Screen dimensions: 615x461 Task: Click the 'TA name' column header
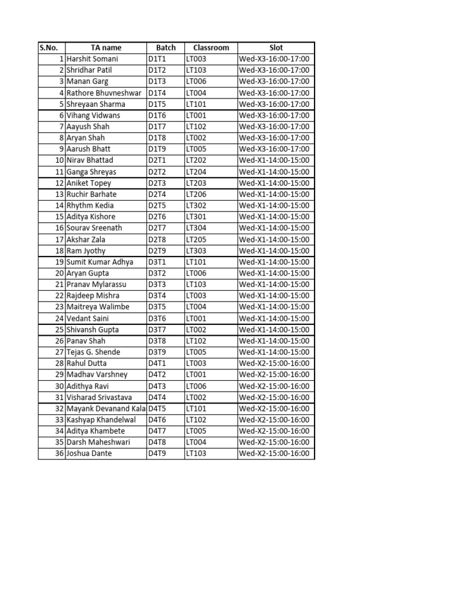pos(106,47)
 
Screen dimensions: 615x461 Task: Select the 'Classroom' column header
pos(211,47)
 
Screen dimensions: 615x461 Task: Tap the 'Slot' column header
pos(276,47)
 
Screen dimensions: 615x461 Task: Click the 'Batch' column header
pos(166,47)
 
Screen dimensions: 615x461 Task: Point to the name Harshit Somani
pos(92,59)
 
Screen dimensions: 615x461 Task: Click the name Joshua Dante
pos(89,453)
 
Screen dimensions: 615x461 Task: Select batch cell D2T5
pos(157,205)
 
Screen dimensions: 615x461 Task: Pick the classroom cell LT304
pos(196,228)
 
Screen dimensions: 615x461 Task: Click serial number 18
pos(59,250)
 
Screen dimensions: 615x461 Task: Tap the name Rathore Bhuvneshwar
pos(104,92)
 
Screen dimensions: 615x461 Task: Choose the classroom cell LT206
pos(196,194)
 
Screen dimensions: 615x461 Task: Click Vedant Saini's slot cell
pos(274,318)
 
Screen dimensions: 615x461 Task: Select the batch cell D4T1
pos(157,363)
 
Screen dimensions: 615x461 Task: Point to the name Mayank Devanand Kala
pos(106,408)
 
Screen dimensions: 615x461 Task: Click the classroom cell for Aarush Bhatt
pos(196,149)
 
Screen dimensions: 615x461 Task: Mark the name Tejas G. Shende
pos(93,352)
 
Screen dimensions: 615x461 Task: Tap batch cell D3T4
pos(157,295)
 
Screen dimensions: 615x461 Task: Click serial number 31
pos(59,397)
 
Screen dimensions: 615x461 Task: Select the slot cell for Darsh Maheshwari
pos(274,442)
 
